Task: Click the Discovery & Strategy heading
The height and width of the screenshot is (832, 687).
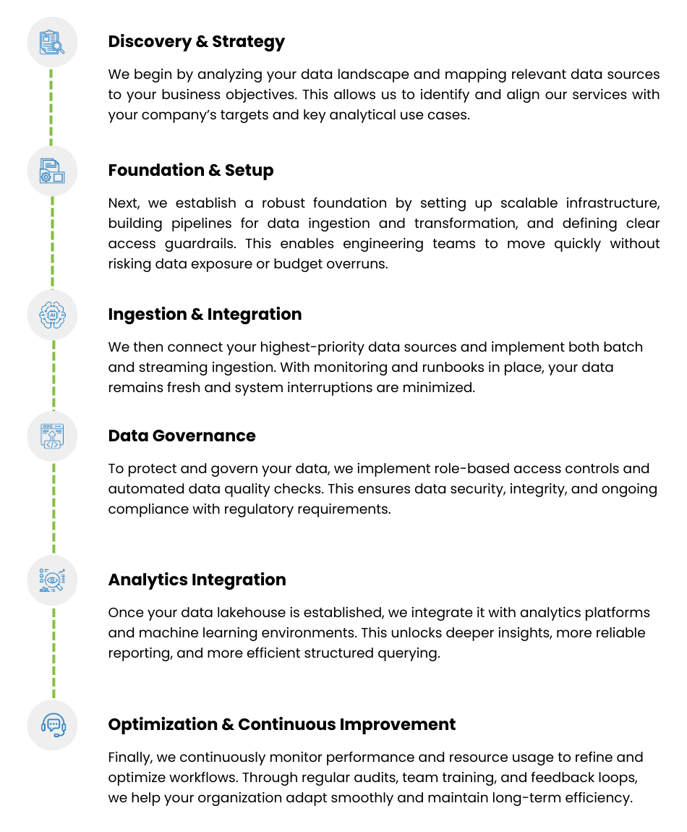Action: point(196,41)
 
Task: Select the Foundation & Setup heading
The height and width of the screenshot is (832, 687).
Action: point(191,170)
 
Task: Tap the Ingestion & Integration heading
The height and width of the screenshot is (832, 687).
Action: point(205,314)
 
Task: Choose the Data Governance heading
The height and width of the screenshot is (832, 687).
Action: point(182,436)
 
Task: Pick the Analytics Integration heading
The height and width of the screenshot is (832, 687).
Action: point(197,580)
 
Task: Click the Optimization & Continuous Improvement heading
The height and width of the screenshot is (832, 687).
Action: point(281,724)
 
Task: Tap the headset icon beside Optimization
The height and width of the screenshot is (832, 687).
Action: point(53,724)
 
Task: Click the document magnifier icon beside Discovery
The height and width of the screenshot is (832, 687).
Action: point(53,42)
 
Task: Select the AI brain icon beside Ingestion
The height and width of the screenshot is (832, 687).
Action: point(53,315)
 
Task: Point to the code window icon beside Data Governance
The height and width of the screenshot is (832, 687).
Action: point(53,436)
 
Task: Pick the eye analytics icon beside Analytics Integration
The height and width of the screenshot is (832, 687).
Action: point(53,580)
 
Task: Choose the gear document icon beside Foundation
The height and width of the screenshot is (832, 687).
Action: point(53,171)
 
